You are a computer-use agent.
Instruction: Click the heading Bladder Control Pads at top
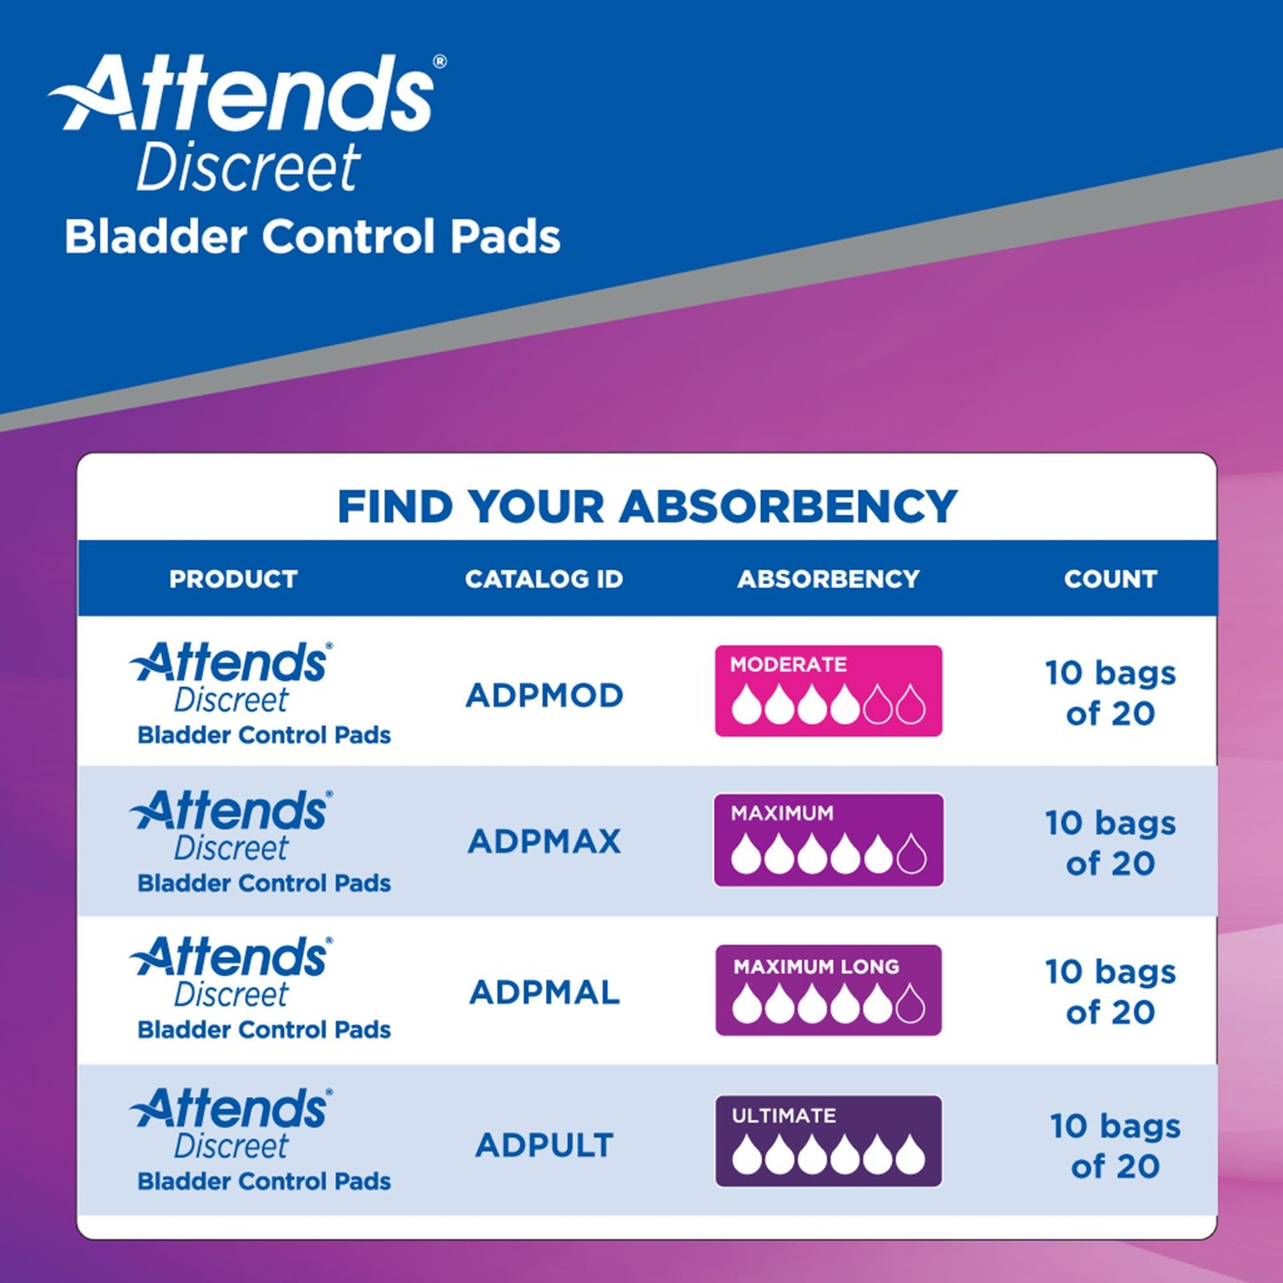(312, 237)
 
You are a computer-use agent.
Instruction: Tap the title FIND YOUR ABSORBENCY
(647, 507)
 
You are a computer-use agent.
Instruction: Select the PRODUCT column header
(234, 579)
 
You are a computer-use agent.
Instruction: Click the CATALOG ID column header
(543, 579)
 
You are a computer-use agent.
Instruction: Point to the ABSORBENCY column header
(828, 579)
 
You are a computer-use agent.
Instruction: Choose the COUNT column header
(1110, 579)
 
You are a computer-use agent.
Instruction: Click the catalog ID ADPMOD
(544, 695)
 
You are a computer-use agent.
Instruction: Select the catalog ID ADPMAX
(544, 841)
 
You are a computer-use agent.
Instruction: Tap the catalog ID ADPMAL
(544, 992)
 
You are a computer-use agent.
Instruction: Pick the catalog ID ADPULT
(544, 1144)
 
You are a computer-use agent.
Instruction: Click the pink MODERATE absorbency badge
(828, 691)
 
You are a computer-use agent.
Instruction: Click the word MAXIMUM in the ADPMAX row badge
(781, 812)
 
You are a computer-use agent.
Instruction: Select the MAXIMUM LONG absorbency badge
(828, 989)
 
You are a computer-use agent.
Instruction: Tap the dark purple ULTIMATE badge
(828, 1141)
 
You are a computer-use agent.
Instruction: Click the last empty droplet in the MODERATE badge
(910, 706)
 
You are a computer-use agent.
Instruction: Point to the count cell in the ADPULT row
(1114, 1145)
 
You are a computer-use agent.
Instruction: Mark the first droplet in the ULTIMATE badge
(746, 1155)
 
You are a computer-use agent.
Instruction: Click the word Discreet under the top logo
(249, 168)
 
